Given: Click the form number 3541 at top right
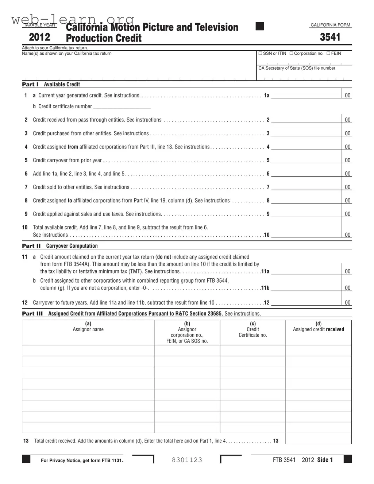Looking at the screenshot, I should pyautogui.click(x=330, y=37).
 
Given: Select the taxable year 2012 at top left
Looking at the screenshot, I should pyautogui.click(x=39, y=37).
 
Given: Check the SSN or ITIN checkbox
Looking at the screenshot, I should pyautogui.click(x=260, y=54).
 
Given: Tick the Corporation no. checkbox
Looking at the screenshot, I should pyautogui.click(x=291, y=54).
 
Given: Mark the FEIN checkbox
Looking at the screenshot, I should pyautogui.click(x=328, y=54).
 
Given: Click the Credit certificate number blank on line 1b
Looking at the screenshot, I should pyautogui.click(x=122, y=106).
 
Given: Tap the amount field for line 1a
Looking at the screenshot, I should pyautogui.click(x=306, y=95).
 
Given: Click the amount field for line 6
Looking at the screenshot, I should pyautogui.click(x=306, y=174).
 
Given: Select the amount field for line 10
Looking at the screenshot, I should pyautogui.click(x=306, y=235).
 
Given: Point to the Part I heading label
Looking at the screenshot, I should pyautogui.click(x=30, y=84).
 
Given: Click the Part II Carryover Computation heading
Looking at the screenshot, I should pyautogui.click(x=60, y=246).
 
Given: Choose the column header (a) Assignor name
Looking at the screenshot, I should pyautogui.click(x=88, y=326).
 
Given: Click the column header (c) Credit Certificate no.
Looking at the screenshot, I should pyautogui.click(x=252, y=329).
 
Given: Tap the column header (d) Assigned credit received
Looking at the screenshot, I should pyautogui.click(x=318, y=326).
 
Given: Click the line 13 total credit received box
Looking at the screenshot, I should pyautogui.click(x=318, y=439).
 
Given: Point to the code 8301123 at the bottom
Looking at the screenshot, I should pyautogui.click(x=187, y=460).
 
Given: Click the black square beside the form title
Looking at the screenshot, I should pyautogui.click(x=260, y=26).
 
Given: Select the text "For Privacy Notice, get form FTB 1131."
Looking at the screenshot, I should pyautogui.click(x=82, y=460).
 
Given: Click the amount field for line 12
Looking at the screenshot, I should pyautogui.click(x=306, y=302).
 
